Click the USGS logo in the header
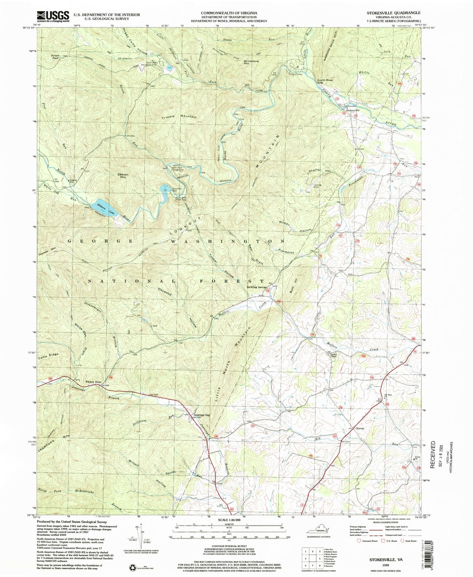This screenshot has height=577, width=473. pyautogui.click(x=53, y=16)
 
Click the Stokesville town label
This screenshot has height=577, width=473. pyautogui.click(x=353, y=110)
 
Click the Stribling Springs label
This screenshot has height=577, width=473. pyautogui.click(x=257, y=287)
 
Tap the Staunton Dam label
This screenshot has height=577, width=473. pyautogui.click(x=177, y=190)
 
